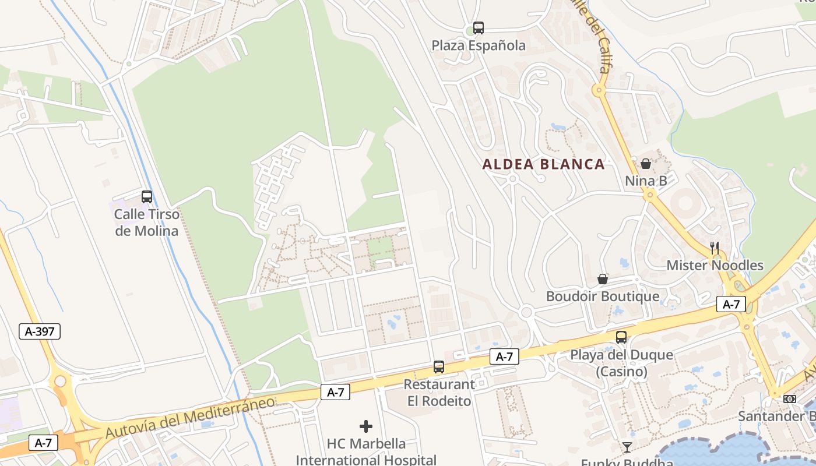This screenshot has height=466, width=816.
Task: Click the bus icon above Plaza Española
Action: [479, 27]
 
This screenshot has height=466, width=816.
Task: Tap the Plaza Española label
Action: [479, 45]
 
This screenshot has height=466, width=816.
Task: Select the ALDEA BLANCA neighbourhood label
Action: [543, 164]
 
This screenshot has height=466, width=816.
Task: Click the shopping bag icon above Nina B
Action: [646, 164]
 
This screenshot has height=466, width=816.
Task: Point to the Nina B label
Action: [646, 181]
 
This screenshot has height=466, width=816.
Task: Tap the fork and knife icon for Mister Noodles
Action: [715, 248]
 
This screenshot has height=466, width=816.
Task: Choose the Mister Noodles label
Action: [715, 266]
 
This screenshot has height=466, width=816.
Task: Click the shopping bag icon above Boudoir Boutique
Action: [603, 279]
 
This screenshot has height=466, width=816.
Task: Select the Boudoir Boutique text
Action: [603, 296]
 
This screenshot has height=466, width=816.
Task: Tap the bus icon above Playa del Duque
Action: [621, 337]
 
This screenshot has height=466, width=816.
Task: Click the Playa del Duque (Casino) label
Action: [621, 363]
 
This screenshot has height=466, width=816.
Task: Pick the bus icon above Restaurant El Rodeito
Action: [439, 367]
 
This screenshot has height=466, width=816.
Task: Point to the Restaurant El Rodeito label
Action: [439, 393]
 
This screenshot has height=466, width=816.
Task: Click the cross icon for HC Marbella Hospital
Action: [366, 426]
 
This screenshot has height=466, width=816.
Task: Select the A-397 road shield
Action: [40, 332]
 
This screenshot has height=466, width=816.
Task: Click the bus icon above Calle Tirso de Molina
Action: [147, 197]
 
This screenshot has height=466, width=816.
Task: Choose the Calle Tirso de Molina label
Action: [147, 222]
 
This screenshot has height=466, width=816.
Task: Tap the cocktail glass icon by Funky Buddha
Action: [627, 447]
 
